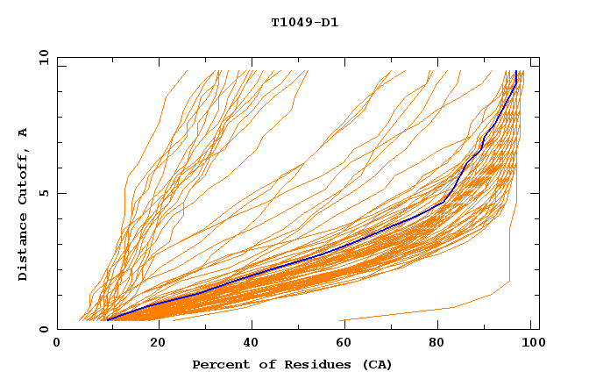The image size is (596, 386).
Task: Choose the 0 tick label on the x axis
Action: (58, 345)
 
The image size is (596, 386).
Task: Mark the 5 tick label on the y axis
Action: (43, 193)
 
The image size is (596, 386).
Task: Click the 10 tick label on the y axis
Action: (39, 57)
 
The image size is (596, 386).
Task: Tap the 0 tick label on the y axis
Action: (43, 329)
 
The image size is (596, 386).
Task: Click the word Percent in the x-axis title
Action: (219, 365)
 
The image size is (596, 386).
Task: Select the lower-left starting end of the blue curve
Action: (107, 320)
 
